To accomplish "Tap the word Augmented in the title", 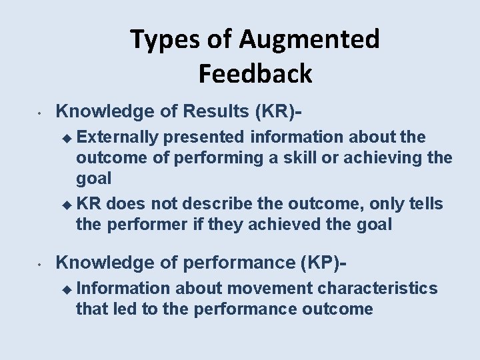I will click(309, 40).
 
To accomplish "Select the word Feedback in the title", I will click(255, 73).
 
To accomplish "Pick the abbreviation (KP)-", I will click(321, 263).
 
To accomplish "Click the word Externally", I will click(117, 137).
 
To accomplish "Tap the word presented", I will click(204, 137).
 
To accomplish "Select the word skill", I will click(307, 158).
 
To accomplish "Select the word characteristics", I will click(378, 288).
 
